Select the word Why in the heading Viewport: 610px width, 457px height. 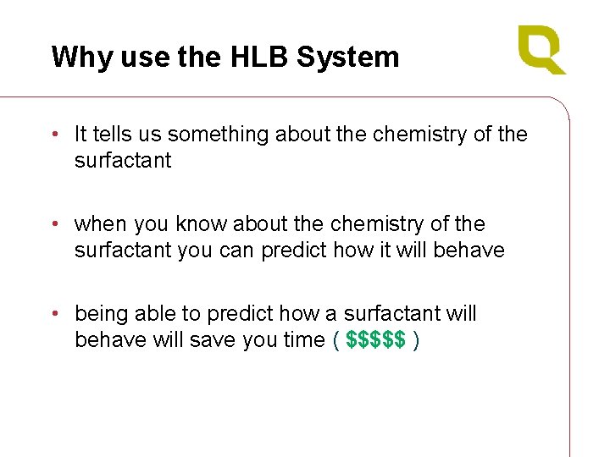coord(71,57)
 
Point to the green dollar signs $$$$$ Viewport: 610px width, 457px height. coord(375,339)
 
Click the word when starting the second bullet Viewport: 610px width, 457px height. coord(99,224)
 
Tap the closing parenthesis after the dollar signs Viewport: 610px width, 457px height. coord(415,339)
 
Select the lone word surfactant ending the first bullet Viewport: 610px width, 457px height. coord(122,160)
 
